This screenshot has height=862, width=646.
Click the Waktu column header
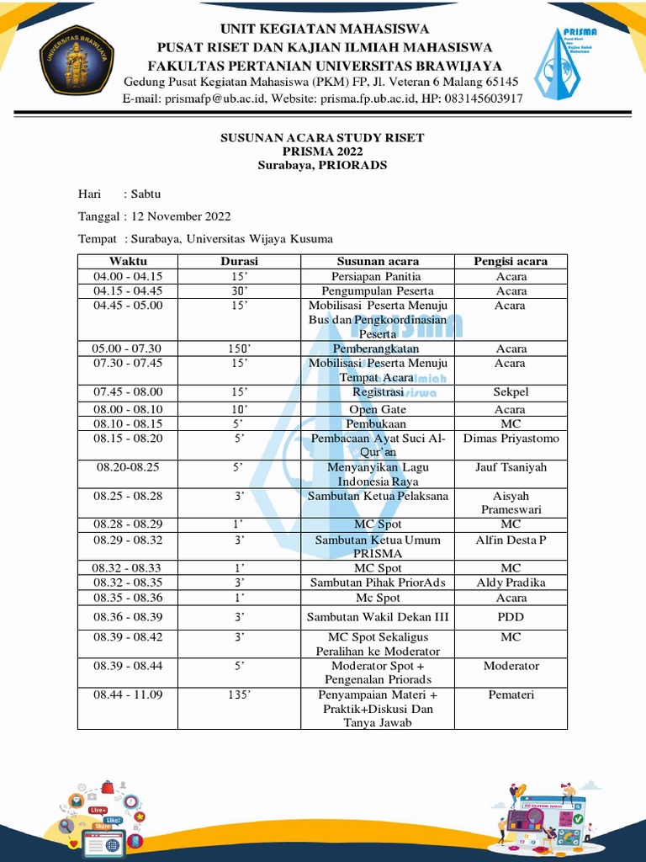(x=128, y=261)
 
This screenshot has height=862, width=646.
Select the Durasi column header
(x=239, y=261)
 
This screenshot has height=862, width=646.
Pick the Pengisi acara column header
(x=511, y=261)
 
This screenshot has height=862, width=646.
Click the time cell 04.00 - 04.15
(x=128, y=276)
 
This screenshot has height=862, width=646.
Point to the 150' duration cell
(x=239, y=349)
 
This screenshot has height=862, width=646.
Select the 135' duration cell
(x=239, y=694)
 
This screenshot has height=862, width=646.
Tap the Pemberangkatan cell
(x=377, y=349)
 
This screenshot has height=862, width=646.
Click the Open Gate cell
(x=377, y=409)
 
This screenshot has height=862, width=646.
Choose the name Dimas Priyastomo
(x=511, y=439)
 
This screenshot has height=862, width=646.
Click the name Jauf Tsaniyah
(x=511, y=467)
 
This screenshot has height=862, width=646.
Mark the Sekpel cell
(x=511, y=392)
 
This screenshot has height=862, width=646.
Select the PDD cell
(x=511, y=617)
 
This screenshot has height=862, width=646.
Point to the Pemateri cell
(x=511, y=694)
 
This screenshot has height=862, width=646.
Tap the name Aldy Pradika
(x=511, y=583)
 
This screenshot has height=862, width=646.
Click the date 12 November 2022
(x=181, y=216)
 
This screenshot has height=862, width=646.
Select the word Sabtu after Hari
(x=146, y=194)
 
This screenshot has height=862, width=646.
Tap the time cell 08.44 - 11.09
(x=128, y=694)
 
